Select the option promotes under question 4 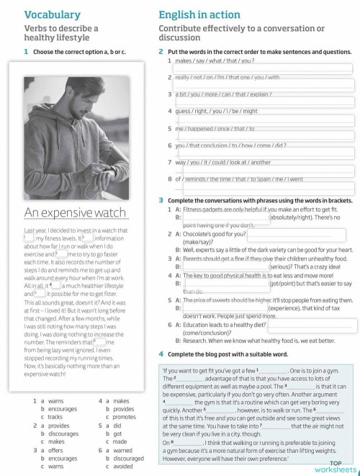pos(124,417)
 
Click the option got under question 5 pos(117,434)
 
